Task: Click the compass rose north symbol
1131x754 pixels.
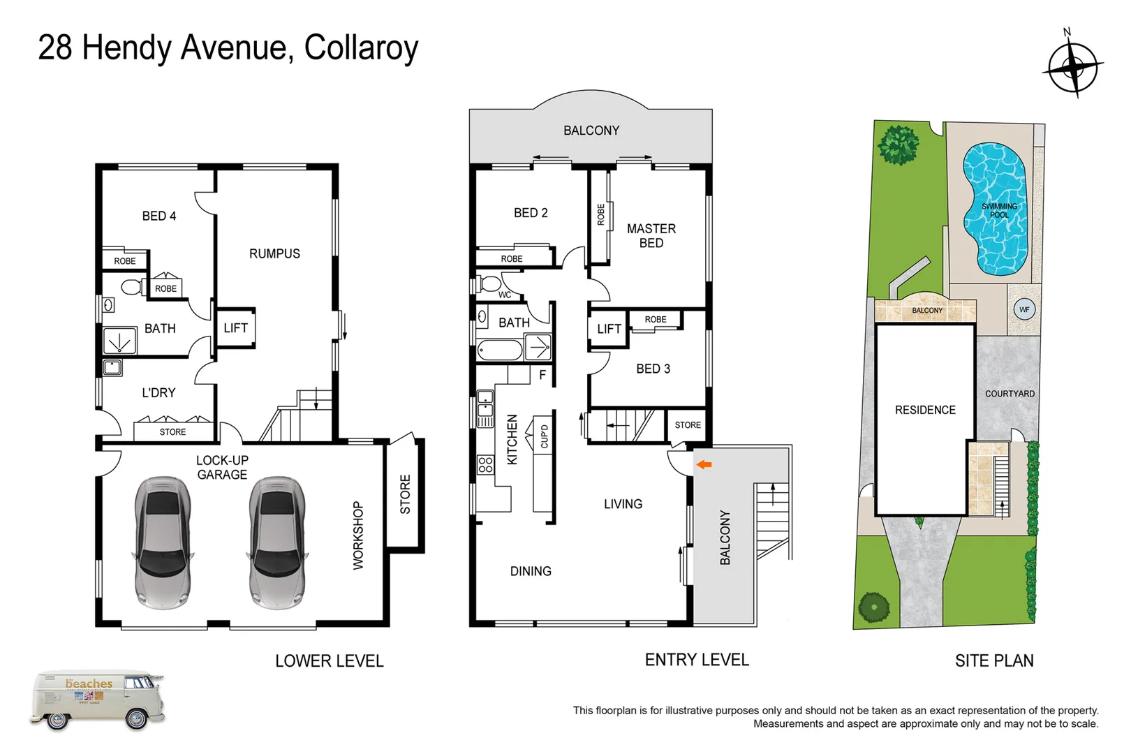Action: (1072, 67)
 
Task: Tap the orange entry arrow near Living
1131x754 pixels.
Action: (704, 464)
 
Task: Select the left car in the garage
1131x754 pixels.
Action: (162, 542)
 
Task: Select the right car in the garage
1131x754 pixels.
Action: (277, 542)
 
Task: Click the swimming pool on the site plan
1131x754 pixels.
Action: (996, 209)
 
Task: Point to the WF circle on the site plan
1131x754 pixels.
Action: (1024, 309)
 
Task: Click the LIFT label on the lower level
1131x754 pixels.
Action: (235, 328)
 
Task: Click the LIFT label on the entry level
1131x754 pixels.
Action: (609, 329)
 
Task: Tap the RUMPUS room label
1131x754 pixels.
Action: (274, 253)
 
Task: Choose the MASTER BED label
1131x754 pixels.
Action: (651, 236)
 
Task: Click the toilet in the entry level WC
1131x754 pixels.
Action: (490, 283)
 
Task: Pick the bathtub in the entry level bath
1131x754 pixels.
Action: (500, 349)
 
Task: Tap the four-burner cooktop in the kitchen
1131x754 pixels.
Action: (485, 465)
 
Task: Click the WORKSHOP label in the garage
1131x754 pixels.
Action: (358, 535)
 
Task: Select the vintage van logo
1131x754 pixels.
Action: (98, 700)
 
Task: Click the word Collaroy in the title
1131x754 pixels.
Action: (361, 47)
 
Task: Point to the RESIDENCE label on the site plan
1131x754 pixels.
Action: (925, 410)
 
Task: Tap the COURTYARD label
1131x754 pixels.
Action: (1010, 394)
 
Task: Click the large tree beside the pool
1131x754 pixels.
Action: (898, 145)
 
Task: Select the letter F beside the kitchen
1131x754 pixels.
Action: (542, 375)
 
